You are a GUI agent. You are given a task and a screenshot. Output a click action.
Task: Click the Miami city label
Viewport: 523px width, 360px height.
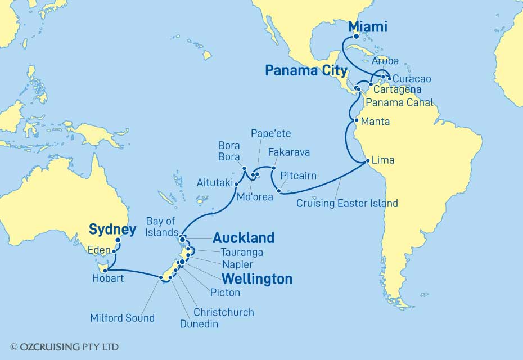pyautogui.click(x=369, y=26)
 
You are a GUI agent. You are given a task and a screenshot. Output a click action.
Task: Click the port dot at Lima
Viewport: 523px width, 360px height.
pyautogui.click(x=368, y=161)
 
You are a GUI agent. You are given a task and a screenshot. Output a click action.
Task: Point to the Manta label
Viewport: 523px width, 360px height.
pyautogui.click(x=375, y=121)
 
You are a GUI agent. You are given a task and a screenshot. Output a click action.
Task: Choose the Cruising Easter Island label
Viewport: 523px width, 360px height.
pyautogui.click(x=347, y=203)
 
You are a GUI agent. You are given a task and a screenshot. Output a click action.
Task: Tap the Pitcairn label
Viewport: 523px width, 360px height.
pyautogui.click(x=298, y=176)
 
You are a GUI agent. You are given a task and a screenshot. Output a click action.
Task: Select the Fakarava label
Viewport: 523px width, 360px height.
pyautogui.click(x=289, y=152)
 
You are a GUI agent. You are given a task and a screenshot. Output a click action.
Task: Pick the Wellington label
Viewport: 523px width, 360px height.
pyautogui.click(x=257, y=278)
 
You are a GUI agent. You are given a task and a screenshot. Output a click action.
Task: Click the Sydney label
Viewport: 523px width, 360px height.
pyautogui.click(x=112, y=229)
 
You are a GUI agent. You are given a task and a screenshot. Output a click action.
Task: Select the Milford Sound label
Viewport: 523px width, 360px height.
pyautogui.click(x=122, y=318)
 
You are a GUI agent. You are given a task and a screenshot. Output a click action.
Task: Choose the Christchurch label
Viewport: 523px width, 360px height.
pyautogui.click(x=223, y=312)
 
